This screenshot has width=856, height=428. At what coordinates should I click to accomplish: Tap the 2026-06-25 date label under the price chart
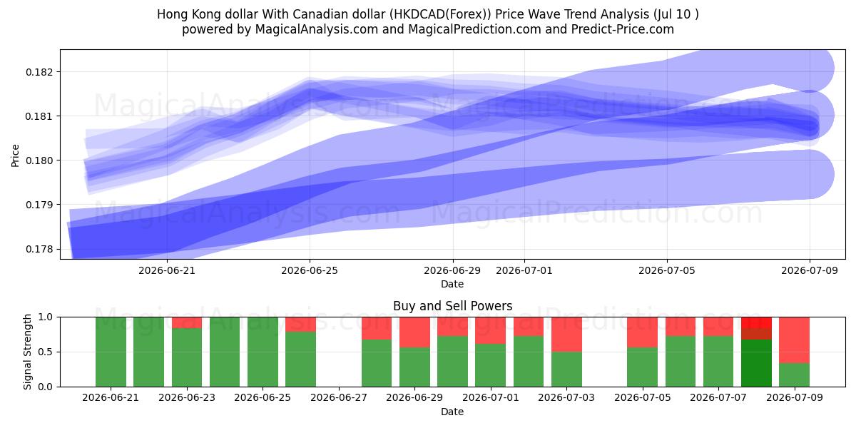coord(310,270)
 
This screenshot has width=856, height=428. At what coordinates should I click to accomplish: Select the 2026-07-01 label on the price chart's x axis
coord(524,270)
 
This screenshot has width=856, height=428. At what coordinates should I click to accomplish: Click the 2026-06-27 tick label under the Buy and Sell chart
coord(339,397)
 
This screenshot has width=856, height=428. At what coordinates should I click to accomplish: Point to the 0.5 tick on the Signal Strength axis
coord(45,352)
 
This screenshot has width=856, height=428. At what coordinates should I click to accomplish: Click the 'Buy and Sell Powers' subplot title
coord(452,306)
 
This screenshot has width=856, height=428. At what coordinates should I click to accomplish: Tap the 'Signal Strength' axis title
coord(27,352)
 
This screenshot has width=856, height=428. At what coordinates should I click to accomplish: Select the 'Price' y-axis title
coord(15,156)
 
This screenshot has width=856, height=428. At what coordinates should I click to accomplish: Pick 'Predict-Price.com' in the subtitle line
coord(623,29)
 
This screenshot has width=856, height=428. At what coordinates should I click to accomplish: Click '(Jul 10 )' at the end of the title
coord(676,14)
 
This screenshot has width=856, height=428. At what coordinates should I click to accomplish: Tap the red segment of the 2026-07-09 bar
coord(794,340)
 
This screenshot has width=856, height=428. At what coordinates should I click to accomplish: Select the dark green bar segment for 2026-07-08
coord(756,363)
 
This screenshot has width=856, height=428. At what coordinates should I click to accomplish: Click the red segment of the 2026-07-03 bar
coord(566,335)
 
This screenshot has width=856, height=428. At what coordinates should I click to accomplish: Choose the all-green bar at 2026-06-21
coord(111,352)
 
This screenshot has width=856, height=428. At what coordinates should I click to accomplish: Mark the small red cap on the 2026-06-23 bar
coord(187,322)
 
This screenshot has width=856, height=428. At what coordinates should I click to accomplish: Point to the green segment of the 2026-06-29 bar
coord(414,367)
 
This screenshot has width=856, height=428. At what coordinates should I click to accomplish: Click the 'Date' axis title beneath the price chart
coord(452,284)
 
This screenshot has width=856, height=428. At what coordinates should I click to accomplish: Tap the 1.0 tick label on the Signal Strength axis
coord(45,317)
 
